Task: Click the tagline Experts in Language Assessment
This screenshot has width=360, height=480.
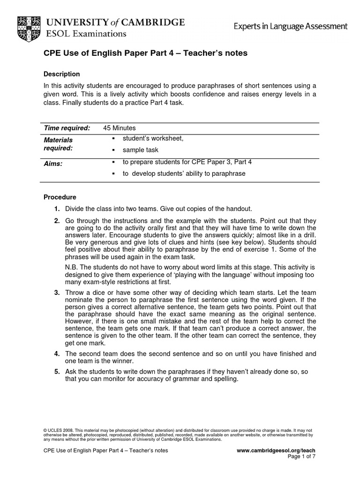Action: point(291,27)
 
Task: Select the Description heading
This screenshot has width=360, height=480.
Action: point(61,74)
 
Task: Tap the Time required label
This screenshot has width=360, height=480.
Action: point(67,128)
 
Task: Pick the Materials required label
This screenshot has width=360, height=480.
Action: point(58,144)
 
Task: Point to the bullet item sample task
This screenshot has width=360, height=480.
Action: point(141,150)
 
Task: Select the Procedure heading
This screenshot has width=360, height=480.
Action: point(60,197)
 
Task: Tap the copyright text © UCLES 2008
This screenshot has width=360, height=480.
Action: point(58,430)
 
